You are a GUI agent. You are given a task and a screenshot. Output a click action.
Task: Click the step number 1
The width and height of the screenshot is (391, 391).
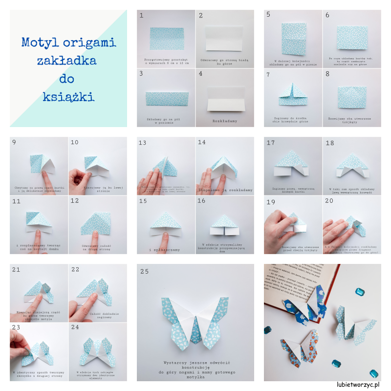tap(142, 15)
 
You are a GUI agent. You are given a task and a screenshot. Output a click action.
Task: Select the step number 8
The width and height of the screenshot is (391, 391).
tap(327, 74)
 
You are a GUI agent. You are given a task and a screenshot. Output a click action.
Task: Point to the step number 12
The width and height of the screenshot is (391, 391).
tap(75, 201)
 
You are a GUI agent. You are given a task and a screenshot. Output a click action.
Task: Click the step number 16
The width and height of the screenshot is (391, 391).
tap(202, 201)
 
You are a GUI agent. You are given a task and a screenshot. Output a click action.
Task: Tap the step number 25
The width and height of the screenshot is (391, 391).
tap(144, 271)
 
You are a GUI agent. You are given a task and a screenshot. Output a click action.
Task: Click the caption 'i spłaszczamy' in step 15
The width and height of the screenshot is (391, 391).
tap(165, 249)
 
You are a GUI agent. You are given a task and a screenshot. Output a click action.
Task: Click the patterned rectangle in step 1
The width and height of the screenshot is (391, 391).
tap(166, 39)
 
